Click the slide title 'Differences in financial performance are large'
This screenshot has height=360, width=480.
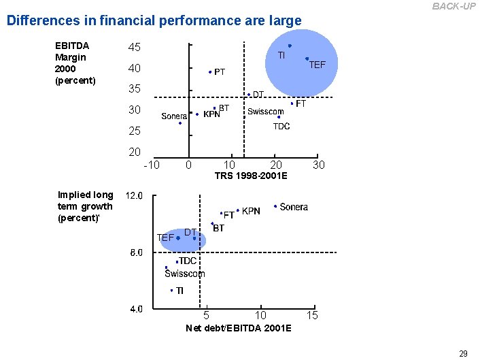point(154,20)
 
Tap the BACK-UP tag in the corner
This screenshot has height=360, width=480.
point(454,6)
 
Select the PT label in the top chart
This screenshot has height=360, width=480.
point(220,71)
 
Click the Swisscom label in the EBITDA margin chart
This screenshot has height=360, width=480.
point(266,112)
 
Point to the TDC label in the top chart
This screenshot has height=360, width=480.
point(281,126)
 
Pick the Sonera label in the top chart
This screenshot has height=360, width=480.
point(174,116)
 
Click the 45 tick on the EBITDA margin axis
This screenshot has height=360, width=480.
point(135,48)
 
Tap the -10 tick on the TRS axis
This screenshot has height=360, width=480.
point(152,165)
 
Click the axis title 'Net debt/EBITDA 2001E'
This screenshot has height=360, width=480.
point(239,328)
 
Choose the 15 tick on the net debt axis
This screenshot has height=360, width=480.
point(312,315)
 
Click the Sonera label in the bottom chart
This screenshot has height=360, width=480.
point(294,207)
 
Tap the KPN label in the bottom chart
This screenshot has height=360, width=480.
point(251,212)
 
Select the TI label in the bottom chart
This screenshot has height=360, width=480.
point(179,291)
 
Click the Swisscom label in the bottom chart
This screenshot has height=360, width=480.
point(184,274)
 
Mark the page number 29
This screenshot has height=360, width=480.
point(463,353)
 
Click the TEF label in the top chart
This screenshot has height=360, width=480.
point(318,65)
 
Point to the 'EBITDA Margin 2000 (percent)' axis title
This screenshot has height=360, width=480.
point(75,63)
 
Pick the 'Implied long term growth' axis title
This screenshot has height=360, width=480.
point(86,206)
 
